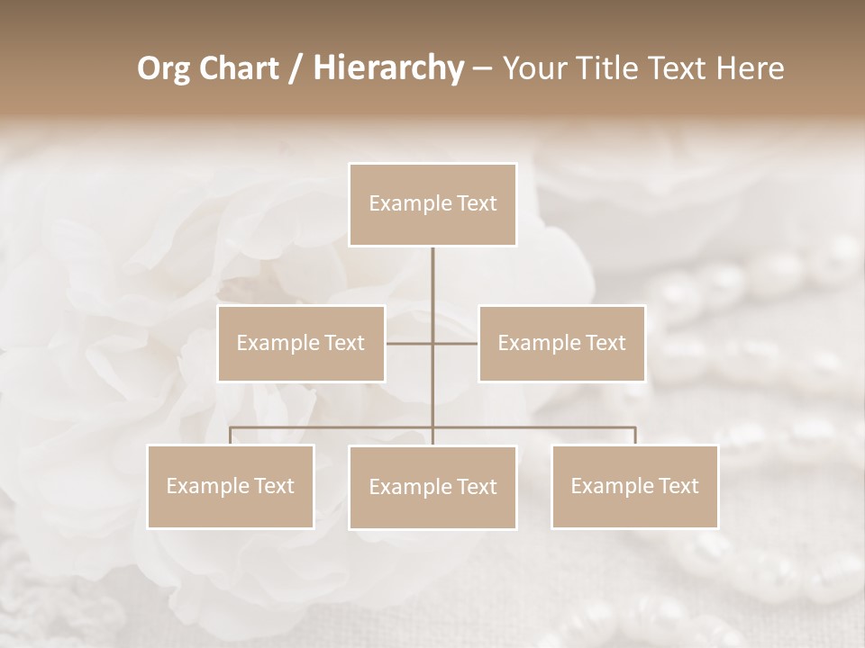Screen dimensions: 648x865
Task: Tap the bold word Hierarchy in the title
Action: pyautogui.click(x=387, y=68)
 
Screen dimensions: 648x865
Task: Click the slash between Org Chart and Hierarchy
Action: pyautogui.click(x=296, y=69)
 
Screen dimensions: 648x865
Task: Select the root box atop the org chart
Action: pyautogui.click(x=432, y=204)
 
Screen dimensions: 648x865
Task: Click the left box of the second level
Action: pyautogui.click(x=301, y=343)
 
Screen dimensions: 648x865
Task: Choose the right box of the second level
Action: pyautogui.click(x=562, y=343)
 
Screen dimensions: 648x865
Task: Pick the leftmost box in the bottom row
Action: pyautogui.click(x=231, y=486)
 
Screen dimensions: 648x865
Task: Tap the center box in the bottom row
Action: pyautogui.click(x=432, y=487)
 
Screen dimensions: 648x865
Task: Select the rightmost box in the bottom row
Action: pyautogui.click(x=635, y=486)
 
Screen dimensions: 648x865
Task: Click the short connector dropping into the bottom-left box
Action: pyautogui.click(x=231, y=436)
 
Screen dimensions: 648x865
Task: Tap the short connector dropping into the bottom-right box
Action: pyautogui.click(x=635, y=436)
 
